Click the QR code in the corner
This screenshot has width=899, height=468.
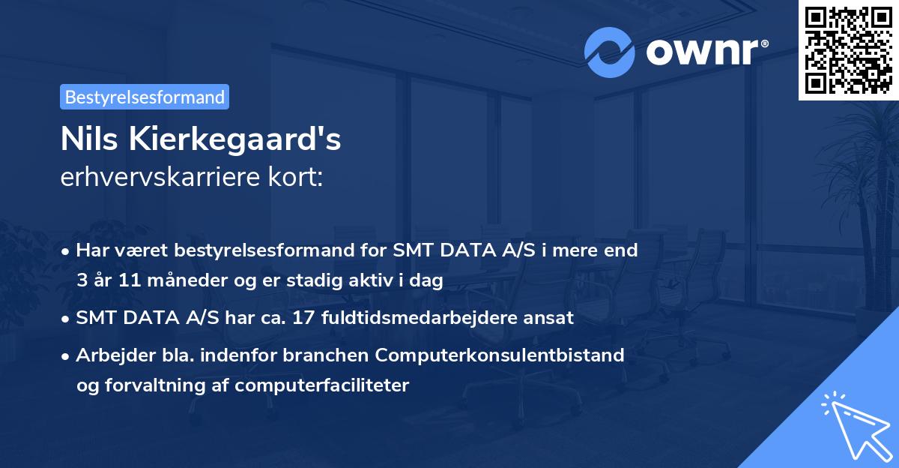tap(848, 49)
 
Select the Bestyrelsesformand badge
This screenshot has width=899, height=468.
tap(145, 97)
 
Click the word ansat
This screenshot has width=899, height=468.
tap(551, 318)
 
